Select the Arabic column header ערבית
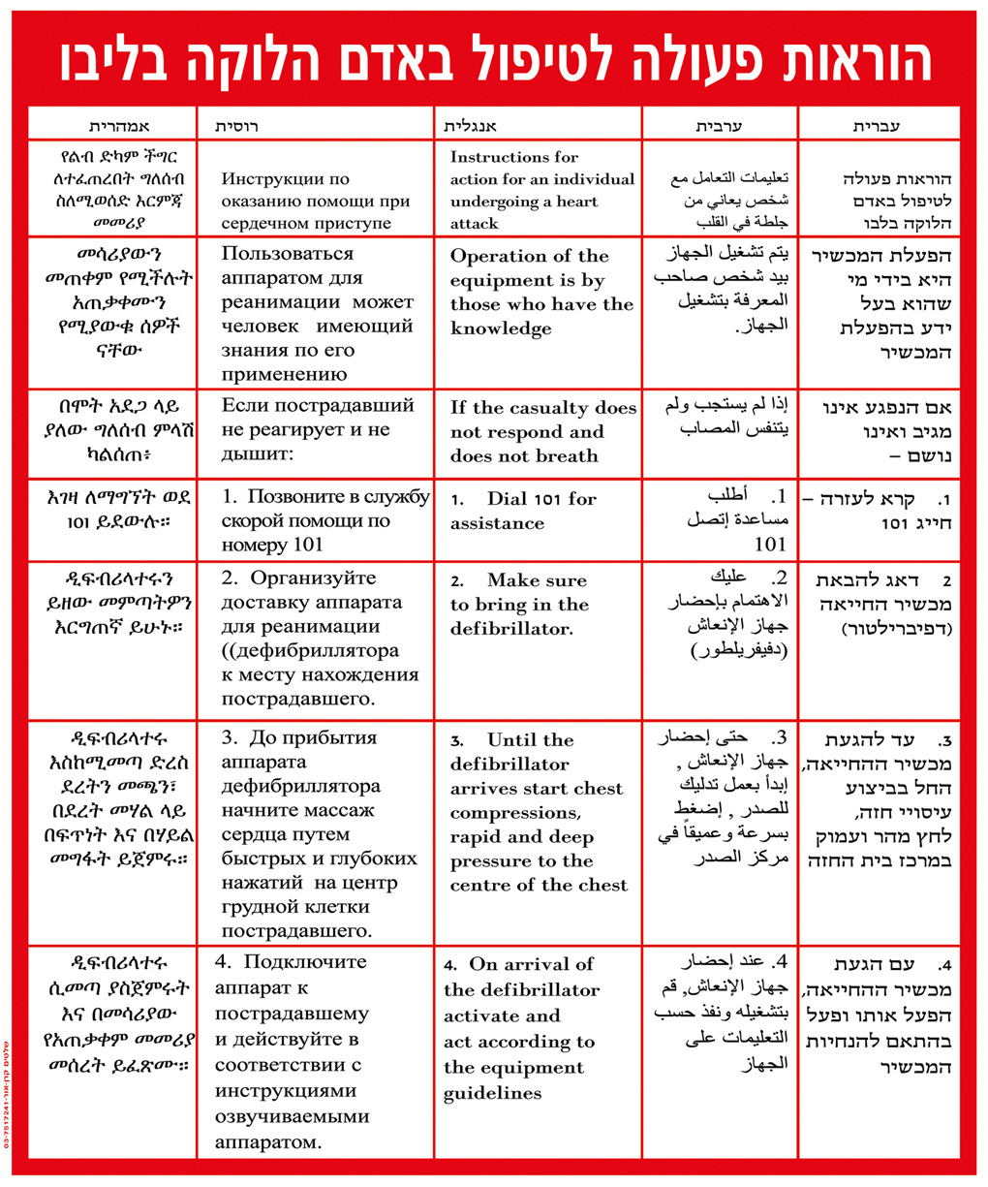pyautogui.click(x=719, y=127)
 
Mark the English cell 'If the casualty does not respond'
pyautogui.click(x=542, y=431)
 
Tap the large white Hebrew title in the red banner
pyautogui.click(x=494, y=60)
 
